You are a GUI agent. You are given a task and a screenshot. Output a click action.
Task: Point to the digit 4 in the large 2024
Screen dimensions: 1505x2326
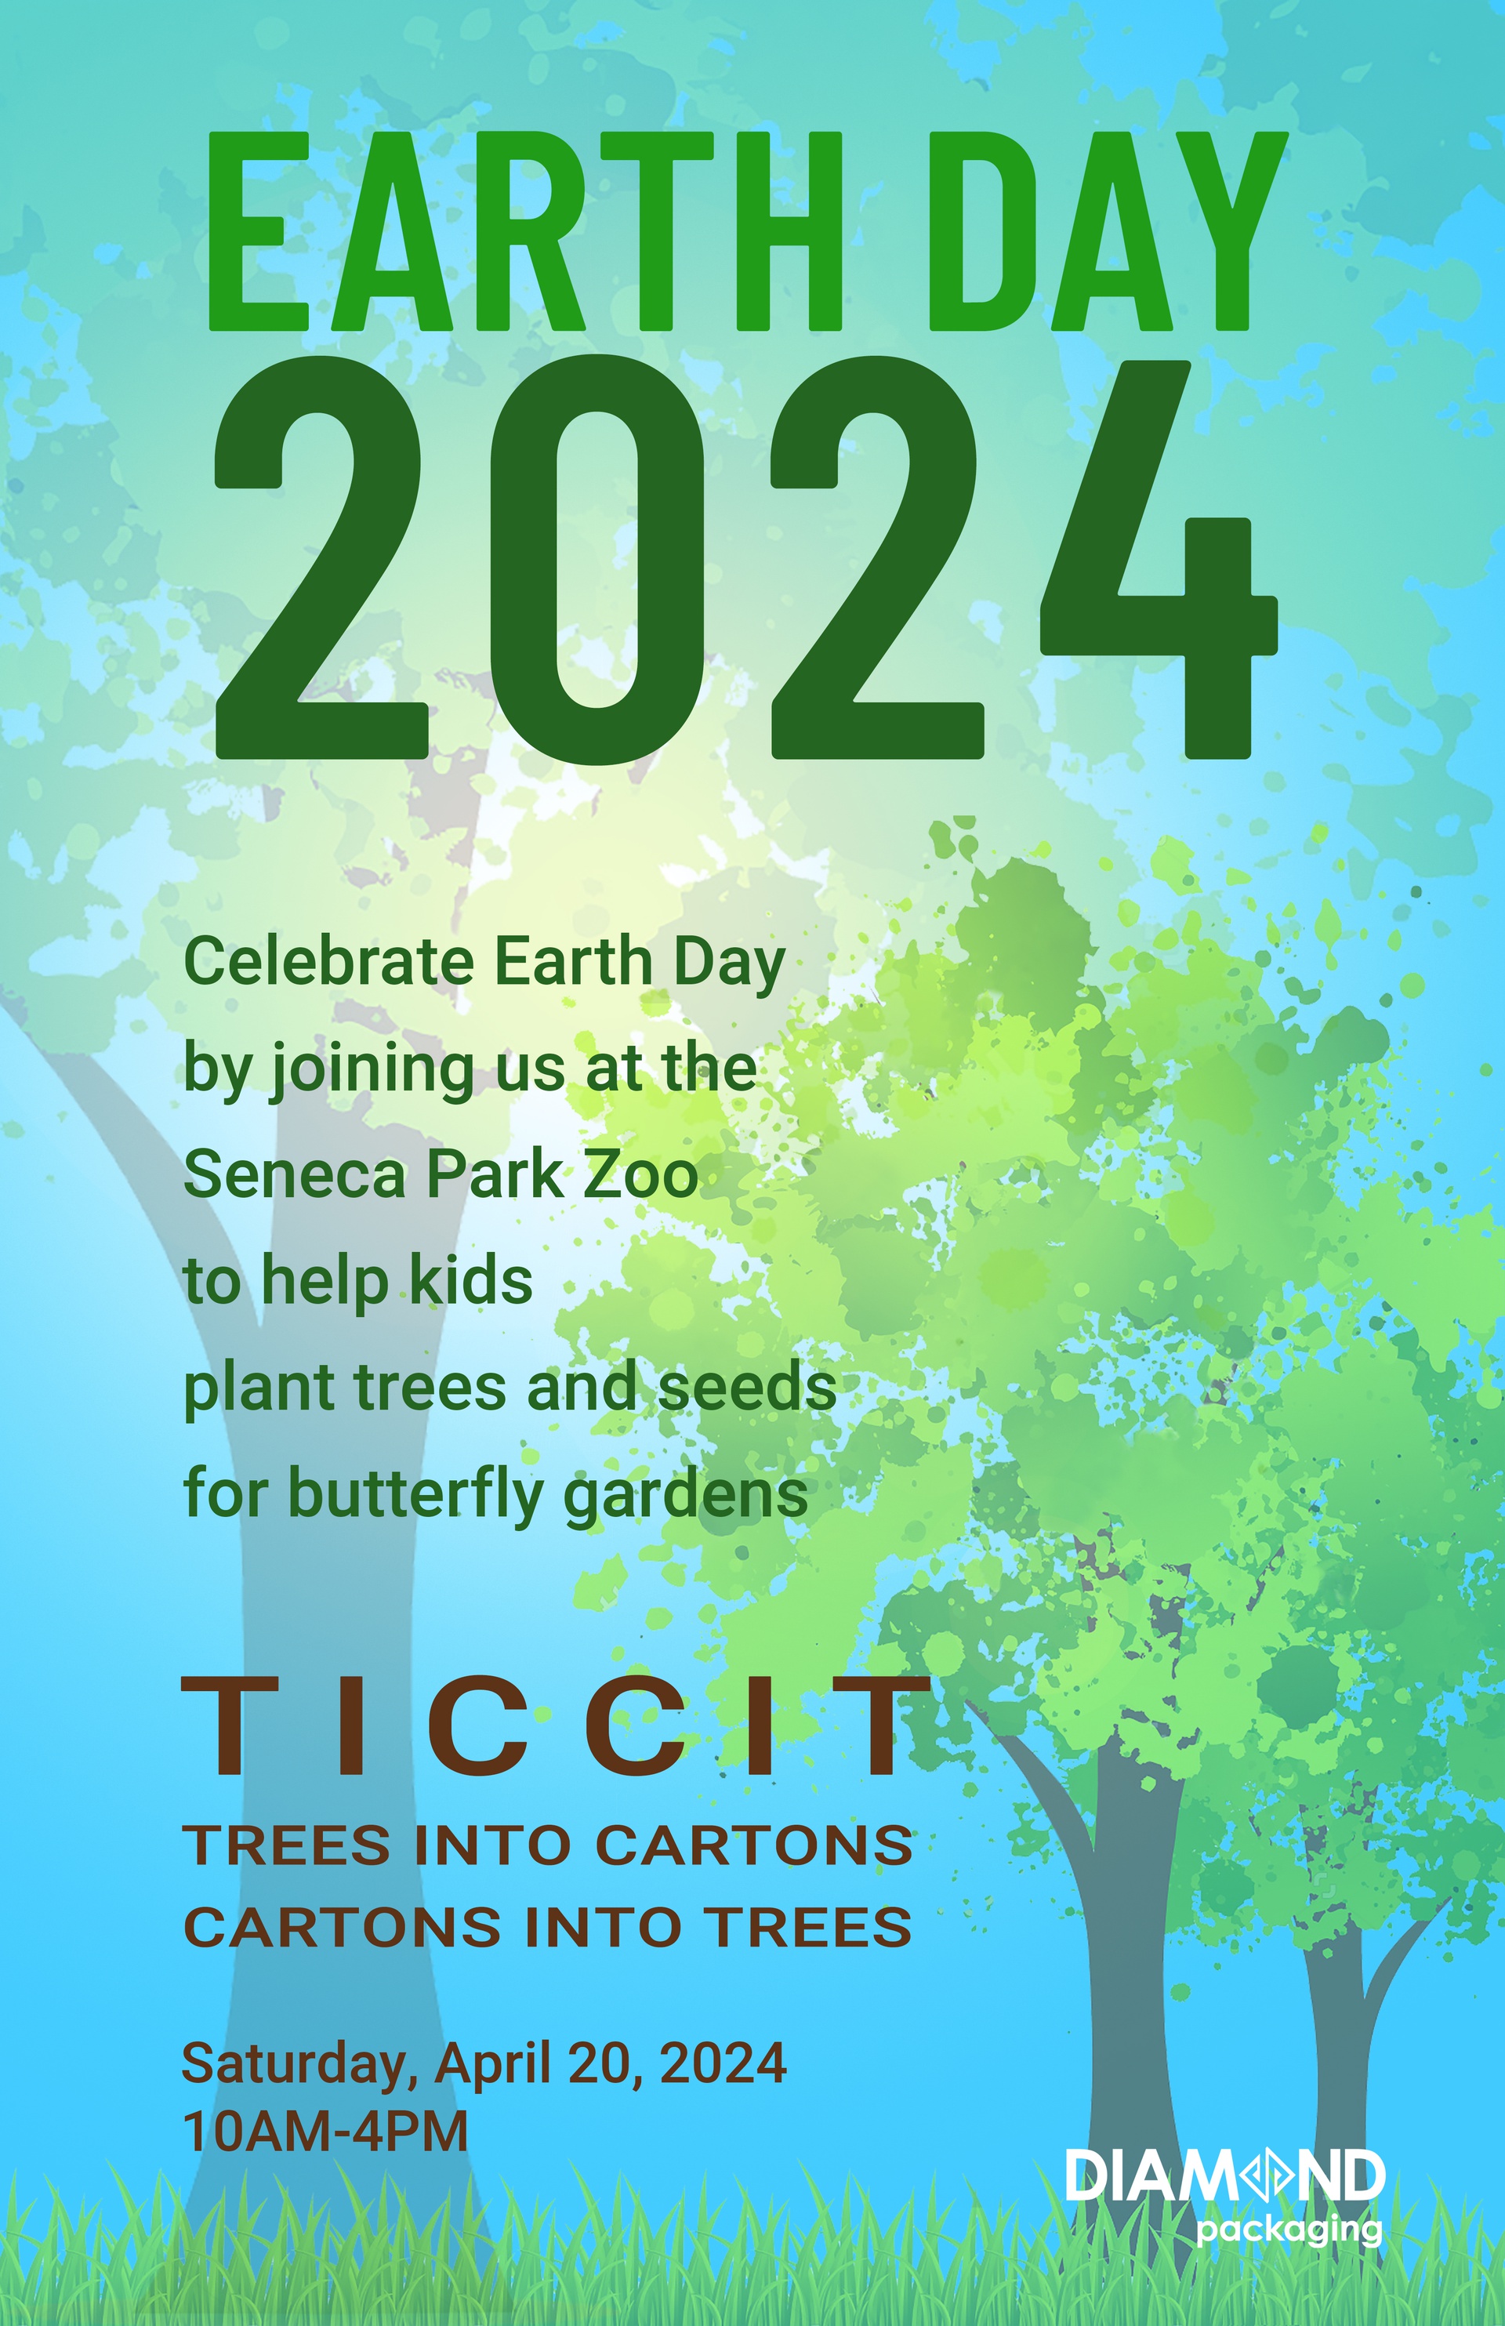point(1160,560)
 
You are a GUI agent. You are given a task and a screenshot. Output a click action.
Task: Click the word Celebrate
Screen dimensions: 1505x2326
point(329,962)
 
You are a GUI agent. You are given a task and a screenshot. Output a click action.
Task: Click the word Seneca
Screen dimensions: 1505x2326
point(294,1174)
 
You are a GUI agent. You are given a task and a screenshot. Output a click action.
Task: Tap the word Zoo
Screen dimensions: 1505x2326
point(641,1174)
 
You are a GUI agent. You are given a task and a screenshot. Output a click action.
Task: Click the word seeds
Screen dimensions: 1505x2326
point(748,1387)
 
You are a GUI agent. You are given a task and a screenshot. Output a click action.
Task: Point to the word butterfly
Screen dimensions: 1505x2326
point(415,1495)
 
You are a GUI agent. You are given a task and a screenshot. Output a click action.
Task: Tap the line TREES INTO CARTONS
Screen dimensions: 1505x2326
point(548,1845)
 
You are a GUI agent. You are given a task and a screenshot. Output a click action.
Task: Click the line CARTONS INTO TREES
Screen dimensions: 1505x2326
point(548,1927)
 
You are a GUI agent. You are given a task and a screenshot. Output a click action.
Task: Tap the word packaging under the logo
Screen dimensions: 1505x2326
point(1289,2231)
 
